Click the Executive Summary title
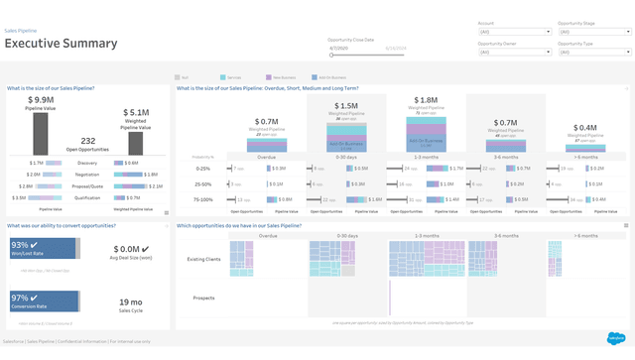[x=62, y=44]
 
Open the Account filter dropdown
[x=513, y=32]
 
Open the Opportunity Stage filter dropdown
[x=593, y=32]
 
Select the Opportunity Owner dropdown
[x=513, y=52]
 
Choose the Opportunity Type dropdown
[x=593, y=52]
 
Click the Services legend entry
[x=231, y=76]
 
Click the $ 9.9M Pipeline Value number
[x=41, y=100]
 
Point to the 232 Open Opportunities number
[x=87, y=141]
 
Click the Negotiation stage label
[x=87, y=174]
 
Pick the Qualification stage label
[x=87, y=197]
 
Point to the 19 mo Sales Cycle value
[x=131, y=301]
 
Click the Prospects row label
[x=203, y=298]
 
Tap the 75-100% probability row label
[x=203, y=199]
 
